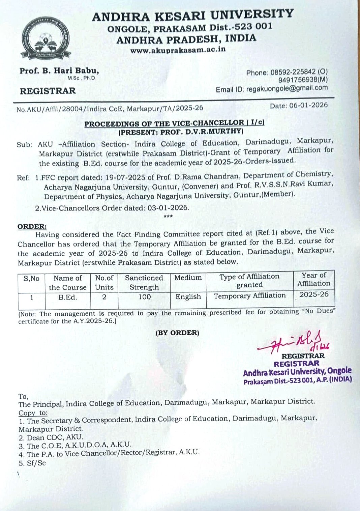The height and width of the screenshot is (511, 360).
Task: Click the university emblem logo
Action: (46, 38)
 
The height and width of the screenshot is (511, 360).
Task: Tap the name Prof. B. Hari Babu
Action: (59, 71)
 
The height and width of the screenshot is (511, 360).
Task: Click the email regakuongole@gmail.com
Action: (287, 88)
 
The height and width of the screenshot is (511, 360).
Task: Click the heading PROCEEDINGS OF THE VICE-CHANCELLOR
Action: (174, 123)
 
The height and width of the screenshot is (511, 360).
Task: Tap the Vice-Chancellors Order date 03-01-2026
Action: (168, 208)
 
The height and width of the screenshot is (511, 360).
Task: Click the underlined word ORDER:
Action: (32, 226)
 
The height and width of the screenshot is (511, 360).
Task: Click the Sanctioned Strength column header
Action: (144, 282)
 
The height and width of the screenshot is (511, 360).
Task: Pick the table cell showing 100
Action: (145, 297)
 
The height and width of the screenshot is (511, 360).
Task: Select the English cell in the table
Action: (188, 297)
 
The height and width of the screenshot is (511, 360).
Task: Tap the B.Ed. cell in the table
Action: (67, 297)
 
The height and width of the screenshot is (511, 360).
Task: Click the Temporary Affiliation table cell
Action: (249, 296)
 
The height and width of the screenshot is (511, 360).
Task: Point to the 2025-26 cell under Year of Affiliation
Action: (314, 294)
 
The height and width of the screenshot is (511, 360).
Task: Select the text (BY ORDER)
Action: (177, 333)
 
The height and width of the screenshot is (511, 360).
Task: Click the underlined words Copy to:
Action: (33, 413)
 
